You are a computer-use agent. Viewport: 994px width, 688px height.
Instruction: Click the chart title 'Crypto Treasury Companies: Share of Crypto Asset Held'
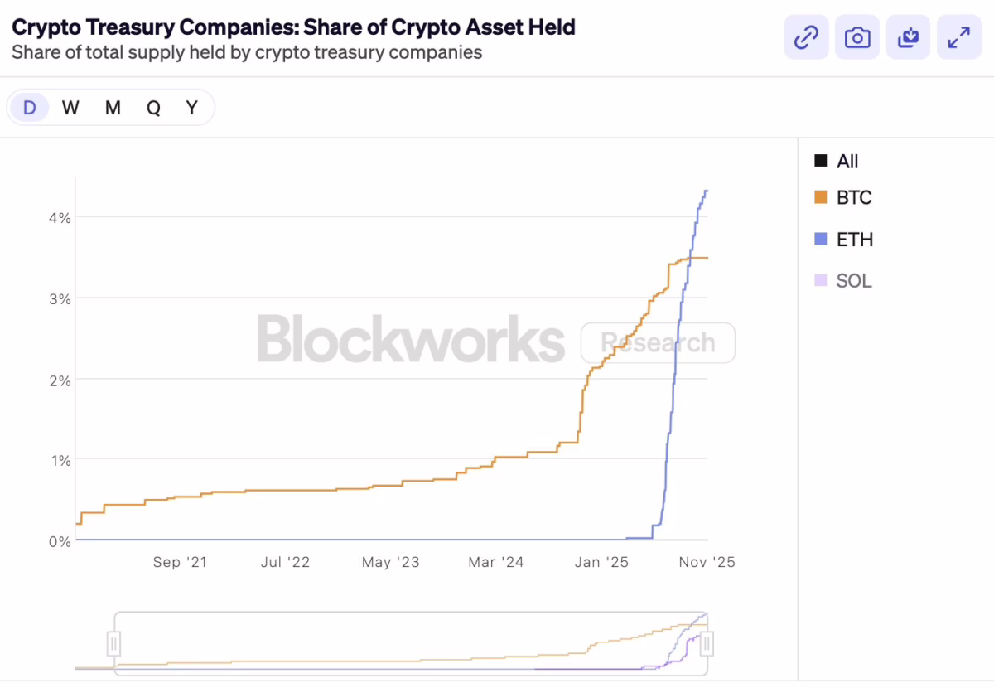pos(293,27)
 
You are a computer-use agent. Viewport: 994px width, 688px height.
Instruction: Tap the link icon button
pos(806,37)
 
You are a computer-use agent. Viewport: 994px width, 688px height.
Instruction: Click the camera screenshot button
pos(857,37)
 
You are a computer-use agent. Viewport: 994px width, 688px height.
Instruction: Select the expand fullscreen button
pos(958,37)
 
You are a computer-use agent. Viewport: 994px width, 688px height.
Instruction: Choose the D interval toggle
pos(30,108)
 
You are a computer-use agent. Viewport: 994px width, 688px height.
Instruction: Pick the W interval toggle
pos(70,108)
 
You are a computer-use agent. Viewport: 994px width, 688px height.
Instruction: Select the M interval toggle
pos(113,108)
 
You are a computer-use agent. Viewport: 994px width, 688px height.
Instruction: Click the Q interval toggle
pos(153,108)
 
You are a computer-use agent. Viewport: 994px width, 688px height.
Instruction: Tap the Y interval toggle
pos(192,108)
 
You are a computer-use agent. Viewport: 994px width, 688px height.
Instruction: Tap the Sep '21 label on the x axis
pos(180,562)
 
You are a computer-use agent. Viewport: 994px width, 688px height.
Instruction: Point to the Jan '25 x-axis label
pos(601,562)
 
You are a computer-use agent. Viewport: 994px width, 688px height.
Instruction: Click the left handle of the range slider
pos(114,643)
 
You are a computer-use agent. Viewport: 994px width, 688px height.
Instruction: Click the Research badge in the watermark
pos(658,342)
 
